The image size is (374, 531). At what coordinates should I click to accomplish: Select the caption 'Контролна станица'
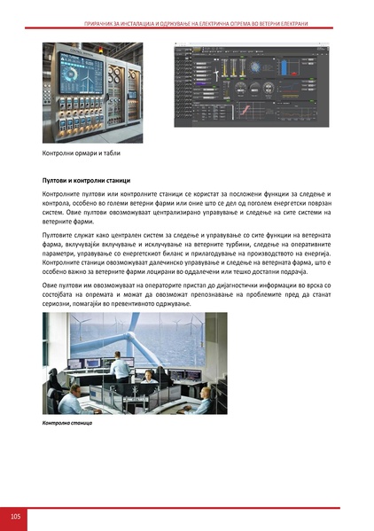66,424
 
